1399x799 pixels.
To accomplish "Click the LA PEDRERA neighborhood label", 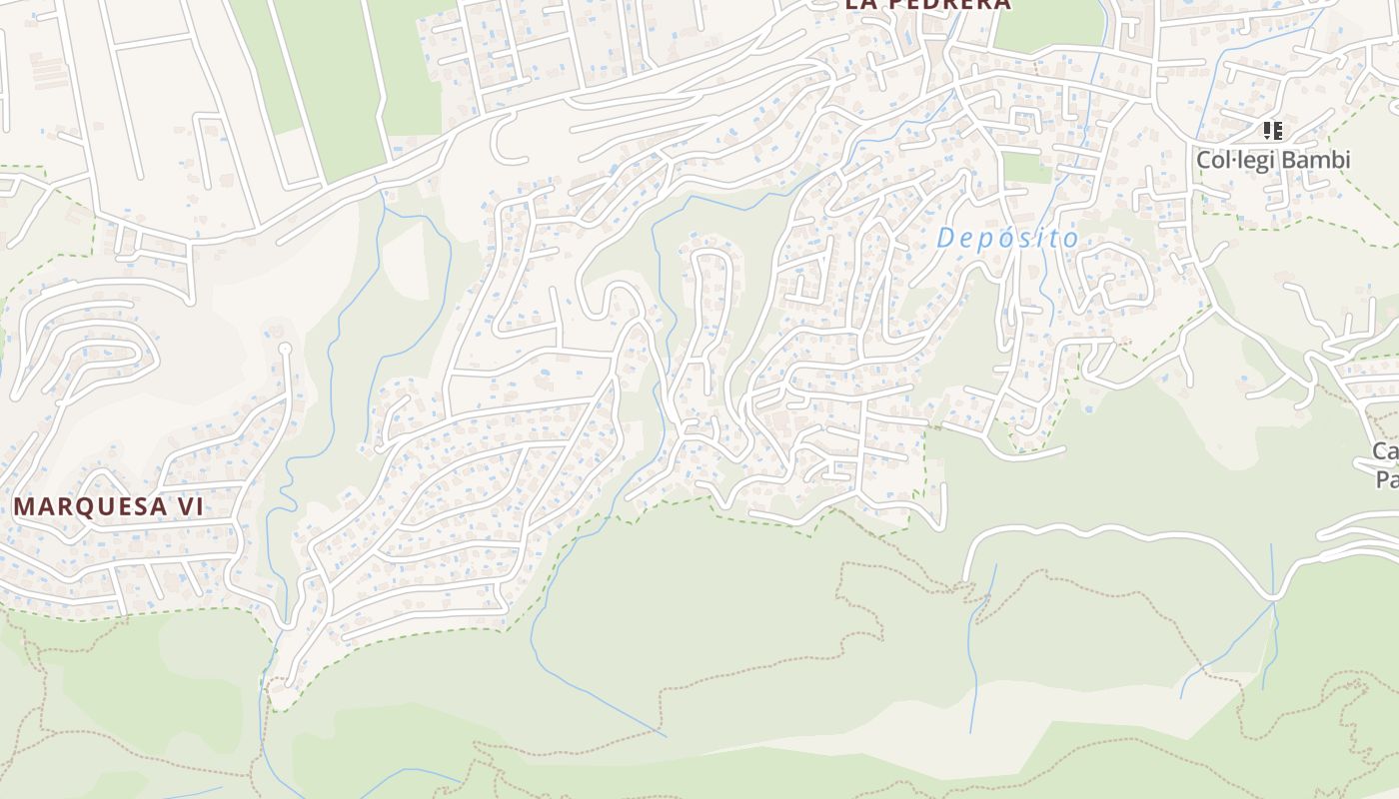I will point(927,4).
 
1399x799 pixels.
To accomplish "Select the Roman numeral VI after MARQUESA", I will point(190,506).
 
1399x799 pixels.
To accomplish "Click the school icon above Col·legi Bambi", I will point(1273,131).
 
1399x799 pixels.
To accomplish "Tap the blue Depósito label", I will point(1007,239).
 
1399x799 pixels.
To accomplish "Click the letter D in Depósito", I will point(944,239).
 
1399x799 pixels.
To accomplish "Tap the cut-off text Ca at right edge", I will point(1385,451).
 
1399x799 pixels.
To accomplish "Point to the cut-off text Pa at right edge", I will point(1387,479).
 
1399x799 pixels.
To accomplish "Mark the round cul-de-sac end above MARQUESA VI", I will point(284,350).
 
